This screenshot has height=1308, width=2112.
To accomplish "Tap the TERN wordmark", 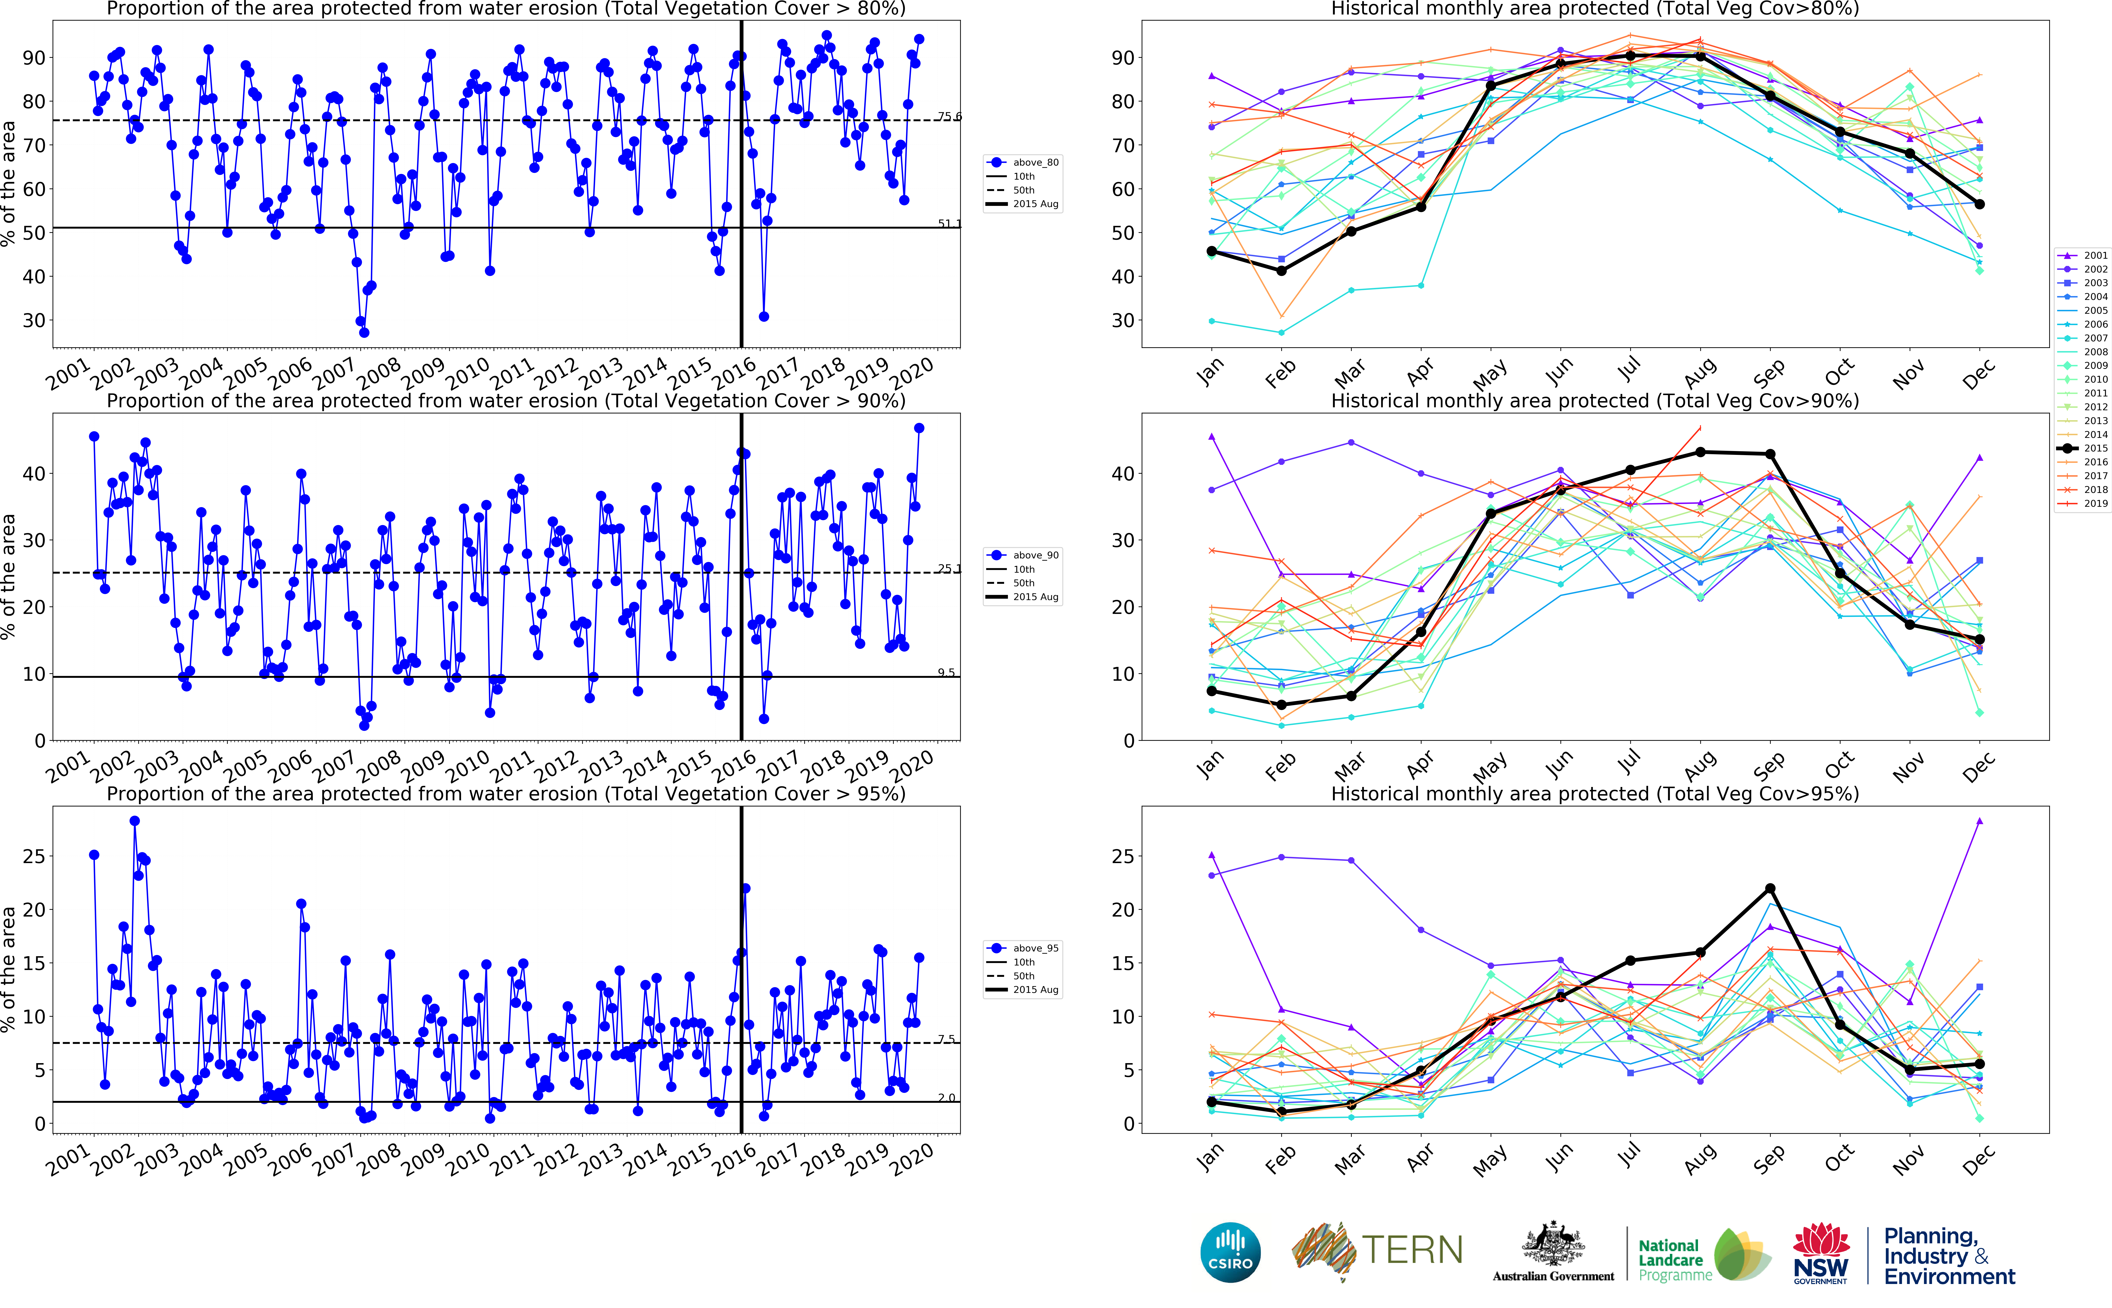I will pyautogui.click(x=1412, y=1250).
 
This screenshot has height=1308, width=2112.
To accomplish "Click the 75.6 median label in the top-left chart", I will pyautogui.click(x=949, y=116).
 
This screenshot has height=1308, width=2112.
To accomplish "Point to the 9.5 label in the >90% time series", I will pyautogui.click(x=947, y=672).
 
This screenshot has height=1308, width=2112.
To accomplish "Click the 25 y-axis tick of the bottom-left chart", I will pyautogui.click(x=33, y=857).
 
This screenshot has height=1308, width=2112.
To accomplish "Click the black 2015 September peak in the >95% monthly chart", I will pyautogui.click(x=1770, y=888).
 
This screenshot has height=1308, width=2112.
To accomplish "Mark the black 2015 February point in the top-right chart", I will pyautogui.click(x=1281, y=271).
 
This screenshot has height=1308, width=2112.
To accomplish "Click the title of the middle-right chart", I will pyautogui.click(x=1595, y=401).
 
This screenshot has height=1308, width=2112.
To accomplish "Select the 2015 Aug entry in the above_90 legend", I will pyautogui.click(x=1035, y=597).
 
